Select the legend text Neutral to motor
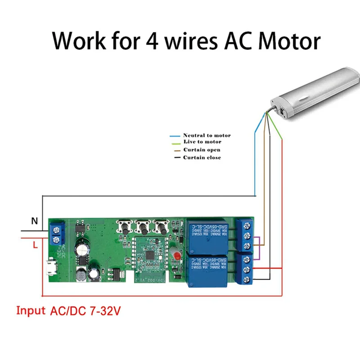pyautogui.click(x=207, y=135)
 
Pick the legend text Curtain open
pyautogui.click(x=202, y=150)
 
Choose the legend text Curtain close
pyautogui.click(x=202, y=157)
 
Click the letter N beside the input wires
pyautogui.click(x=34, y=221)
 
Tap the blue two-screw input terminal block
pyautogui.click(x=57, y=232)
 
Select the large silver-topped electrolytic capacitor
pyautogui.click(x=82, y=250)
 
